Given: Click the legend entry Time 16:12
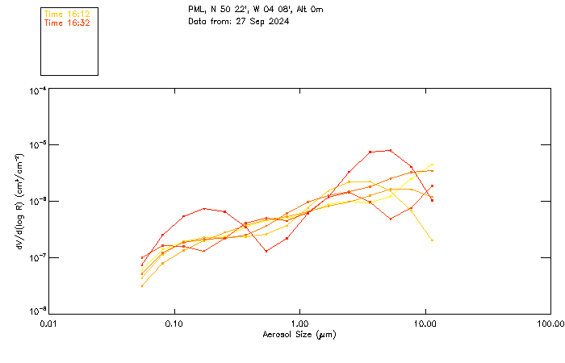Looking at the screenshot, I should pyautogui.click(x=66, y=15).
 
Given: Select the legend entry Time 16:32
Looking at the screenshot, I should pyautogui.click(x=66, y=23).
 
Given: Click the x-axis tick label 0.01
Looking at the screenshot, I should pyautogui.click(x=48, y=323).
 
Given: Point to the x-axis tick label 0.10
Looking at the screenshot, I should pyautogui.click(x=174, y=323).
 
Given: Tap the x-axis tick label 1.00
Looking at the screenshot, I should pyautogui.click(x=299, y=323).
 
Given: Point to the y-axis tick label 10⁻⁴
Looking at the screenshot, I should pyautogui.click(x=37, y=91).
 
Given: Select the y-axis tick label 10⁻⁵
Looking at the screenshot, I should pyautogui.click(x=37, y=144).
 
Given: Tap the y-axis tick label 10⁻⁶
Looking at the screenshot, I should pyautogui.click(x=37, y=201).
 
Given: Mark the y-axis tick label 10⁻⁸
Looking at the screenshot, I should pyautogui.click(x=37, y=311).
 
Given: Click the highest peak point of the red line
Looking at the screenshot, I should pyautogui.click(x=391, y=150).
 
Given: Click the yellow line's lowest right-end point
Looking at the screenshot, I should pyautogui.click(x=433, y=240).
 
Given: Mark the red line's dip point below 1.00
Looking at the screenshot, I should pyautogui.click(x=266, y=251).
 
